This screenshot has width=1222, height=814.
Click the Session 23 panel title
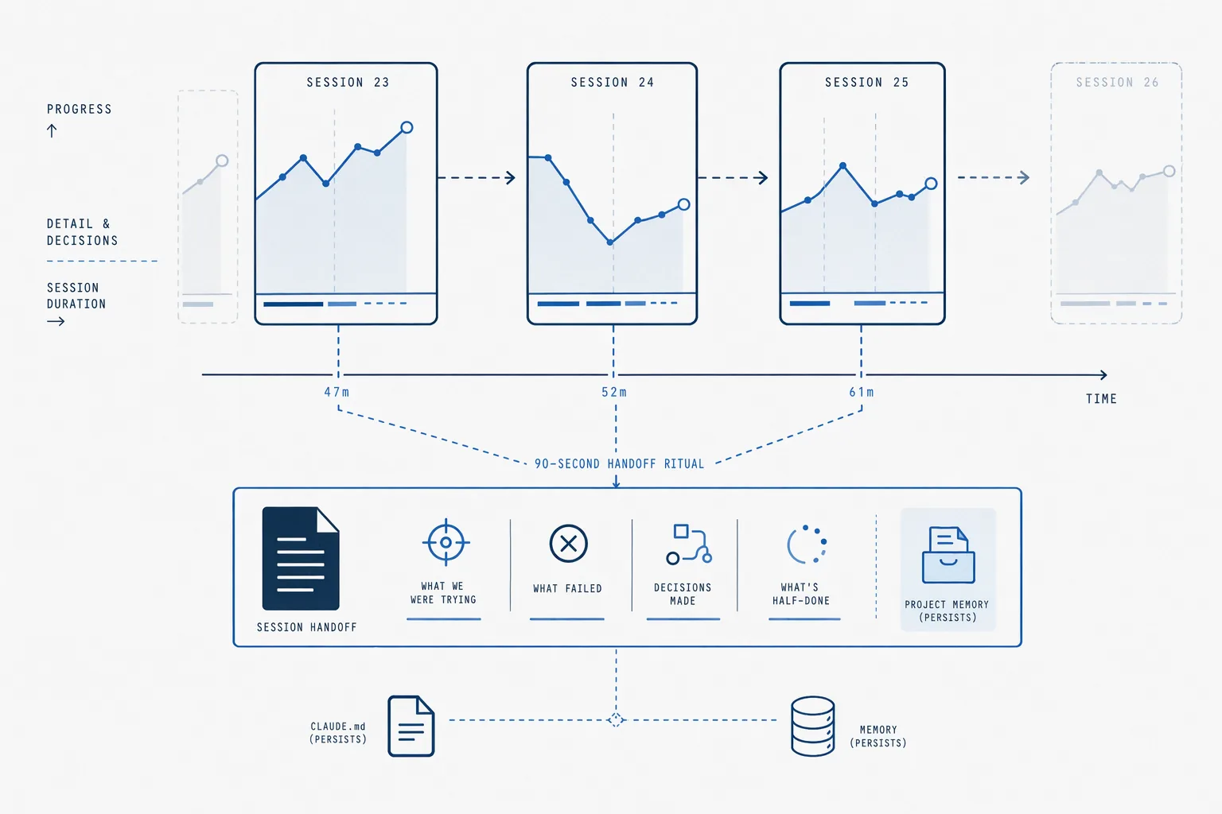tap(348, 83)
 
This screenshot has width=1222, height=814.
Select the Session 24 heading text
tap(612, 83)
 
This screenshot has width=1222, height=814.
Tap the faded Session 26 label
tap(1117, 83)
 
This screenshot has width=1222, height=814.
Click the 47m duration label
tap(337, 392)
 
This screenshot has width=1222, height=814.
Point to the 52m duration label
tap(613, 392)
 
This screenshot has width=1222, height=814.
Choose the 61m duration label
tap(862, 392)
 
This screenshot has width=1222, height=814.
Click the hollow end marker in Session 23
tap(407, 127)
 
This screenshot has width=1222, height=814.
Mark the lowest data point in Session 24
tap(610, 242)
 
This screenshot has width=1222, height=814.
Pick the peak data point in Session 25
tap(843, 165)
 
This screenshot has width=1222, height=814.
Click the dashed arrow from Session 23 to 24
tap(477, 178)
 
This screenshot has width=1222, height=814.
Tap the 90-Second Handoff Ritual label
tap(619, 464)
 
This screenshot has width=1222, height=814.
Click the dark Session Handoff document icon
tap(301, 558)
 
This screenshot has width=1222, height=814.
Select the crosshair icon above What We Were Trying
tap(446, 542)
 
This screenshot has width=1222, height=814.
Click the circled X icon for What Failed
tap(569, 544)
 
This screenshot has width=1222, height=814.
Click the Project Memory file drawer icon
tap(948, 555)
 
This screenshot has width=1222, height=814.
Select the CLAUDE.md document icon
tap(411, 726)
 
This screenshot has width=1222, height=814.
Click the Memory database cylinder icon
tap(813, 726)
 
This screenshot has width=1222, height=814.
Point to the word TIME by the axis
tap(1101, 399)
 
